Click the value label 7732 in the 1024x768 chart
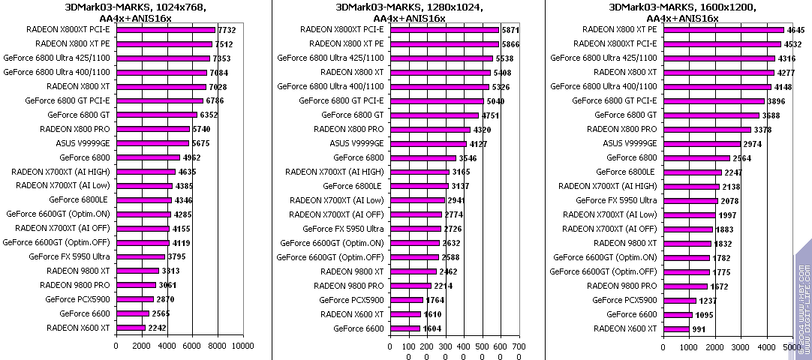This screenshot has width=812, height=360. pyautogui.click(x=227, y=29)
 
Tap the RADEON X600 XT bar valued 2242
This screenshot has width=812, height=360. pyautogui.click(x=131, y=328)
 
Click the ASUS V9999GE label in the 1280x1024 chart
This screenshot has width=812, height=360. pyautogui.click(x=356, y=143)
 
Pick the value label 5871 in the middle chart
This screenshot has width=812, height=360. pyautogui.click(x=510, y=29)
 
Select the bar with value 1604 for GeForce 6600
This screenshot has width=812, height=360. pyautogui.click(x=405, y=328)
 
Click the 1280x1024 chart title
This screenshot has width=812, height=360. pyautogui.click(x=409, y=13)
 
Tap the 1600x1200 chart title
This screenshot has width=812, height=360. pyautogui.click(x=682, y=13)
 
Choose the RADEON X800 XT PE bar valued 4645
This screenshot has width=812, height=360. pyautogui.click(x=723, y=29)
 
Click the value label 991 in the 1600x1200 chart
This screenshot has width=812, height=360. pyautogui.click(x=699, y=328)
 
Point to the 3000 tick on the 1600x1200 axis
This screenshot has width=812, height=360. pyautogui.click(x=741, y=346)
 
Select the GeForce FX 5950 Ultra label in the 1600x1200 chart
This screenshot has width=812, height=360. pyautogui.click(x=616, y=200)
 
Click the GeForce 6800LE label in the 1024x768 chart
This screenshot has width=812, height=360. pyautogui.click(x=79, y=200)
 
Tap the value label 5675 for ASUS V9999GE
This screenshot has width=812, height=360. pyautogui.click(x=201, y=143)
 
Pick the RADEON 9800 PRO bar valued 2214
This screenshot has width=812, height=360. pyautogui.click(x=411, y=285)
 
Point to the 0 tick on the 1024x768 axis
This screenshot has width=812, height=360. pyautogui.click(x=116, y=346)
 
